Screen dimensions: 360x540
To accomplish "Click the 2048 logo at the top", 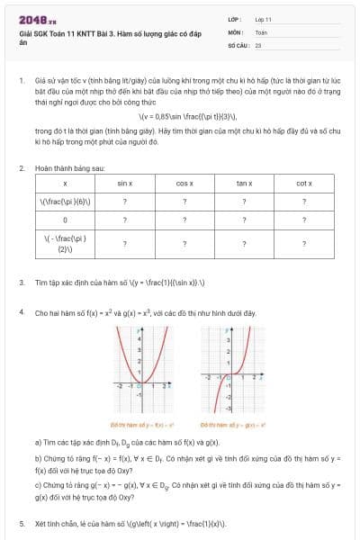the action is click(38, 19).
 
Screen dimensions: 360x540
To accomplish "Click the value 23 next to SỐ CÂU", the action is click(258, 43).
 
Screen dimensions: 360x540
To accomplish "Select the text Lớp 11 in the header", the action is click(263, 18).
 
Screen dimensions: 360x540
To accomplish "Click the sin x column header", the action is click(124, 183).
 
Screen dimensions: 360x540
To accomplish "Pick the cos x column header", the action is click(184, 183).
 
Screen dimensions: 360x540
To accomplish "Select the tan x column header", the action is click(244, 183).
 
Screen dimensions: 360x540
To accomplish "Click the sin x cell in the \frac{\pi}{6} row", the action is click(124, 200).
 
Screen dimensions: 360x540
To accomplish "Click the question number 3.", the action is click(22, 282).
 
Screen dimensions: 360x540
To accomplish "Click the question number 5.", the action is click(22, 521).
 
